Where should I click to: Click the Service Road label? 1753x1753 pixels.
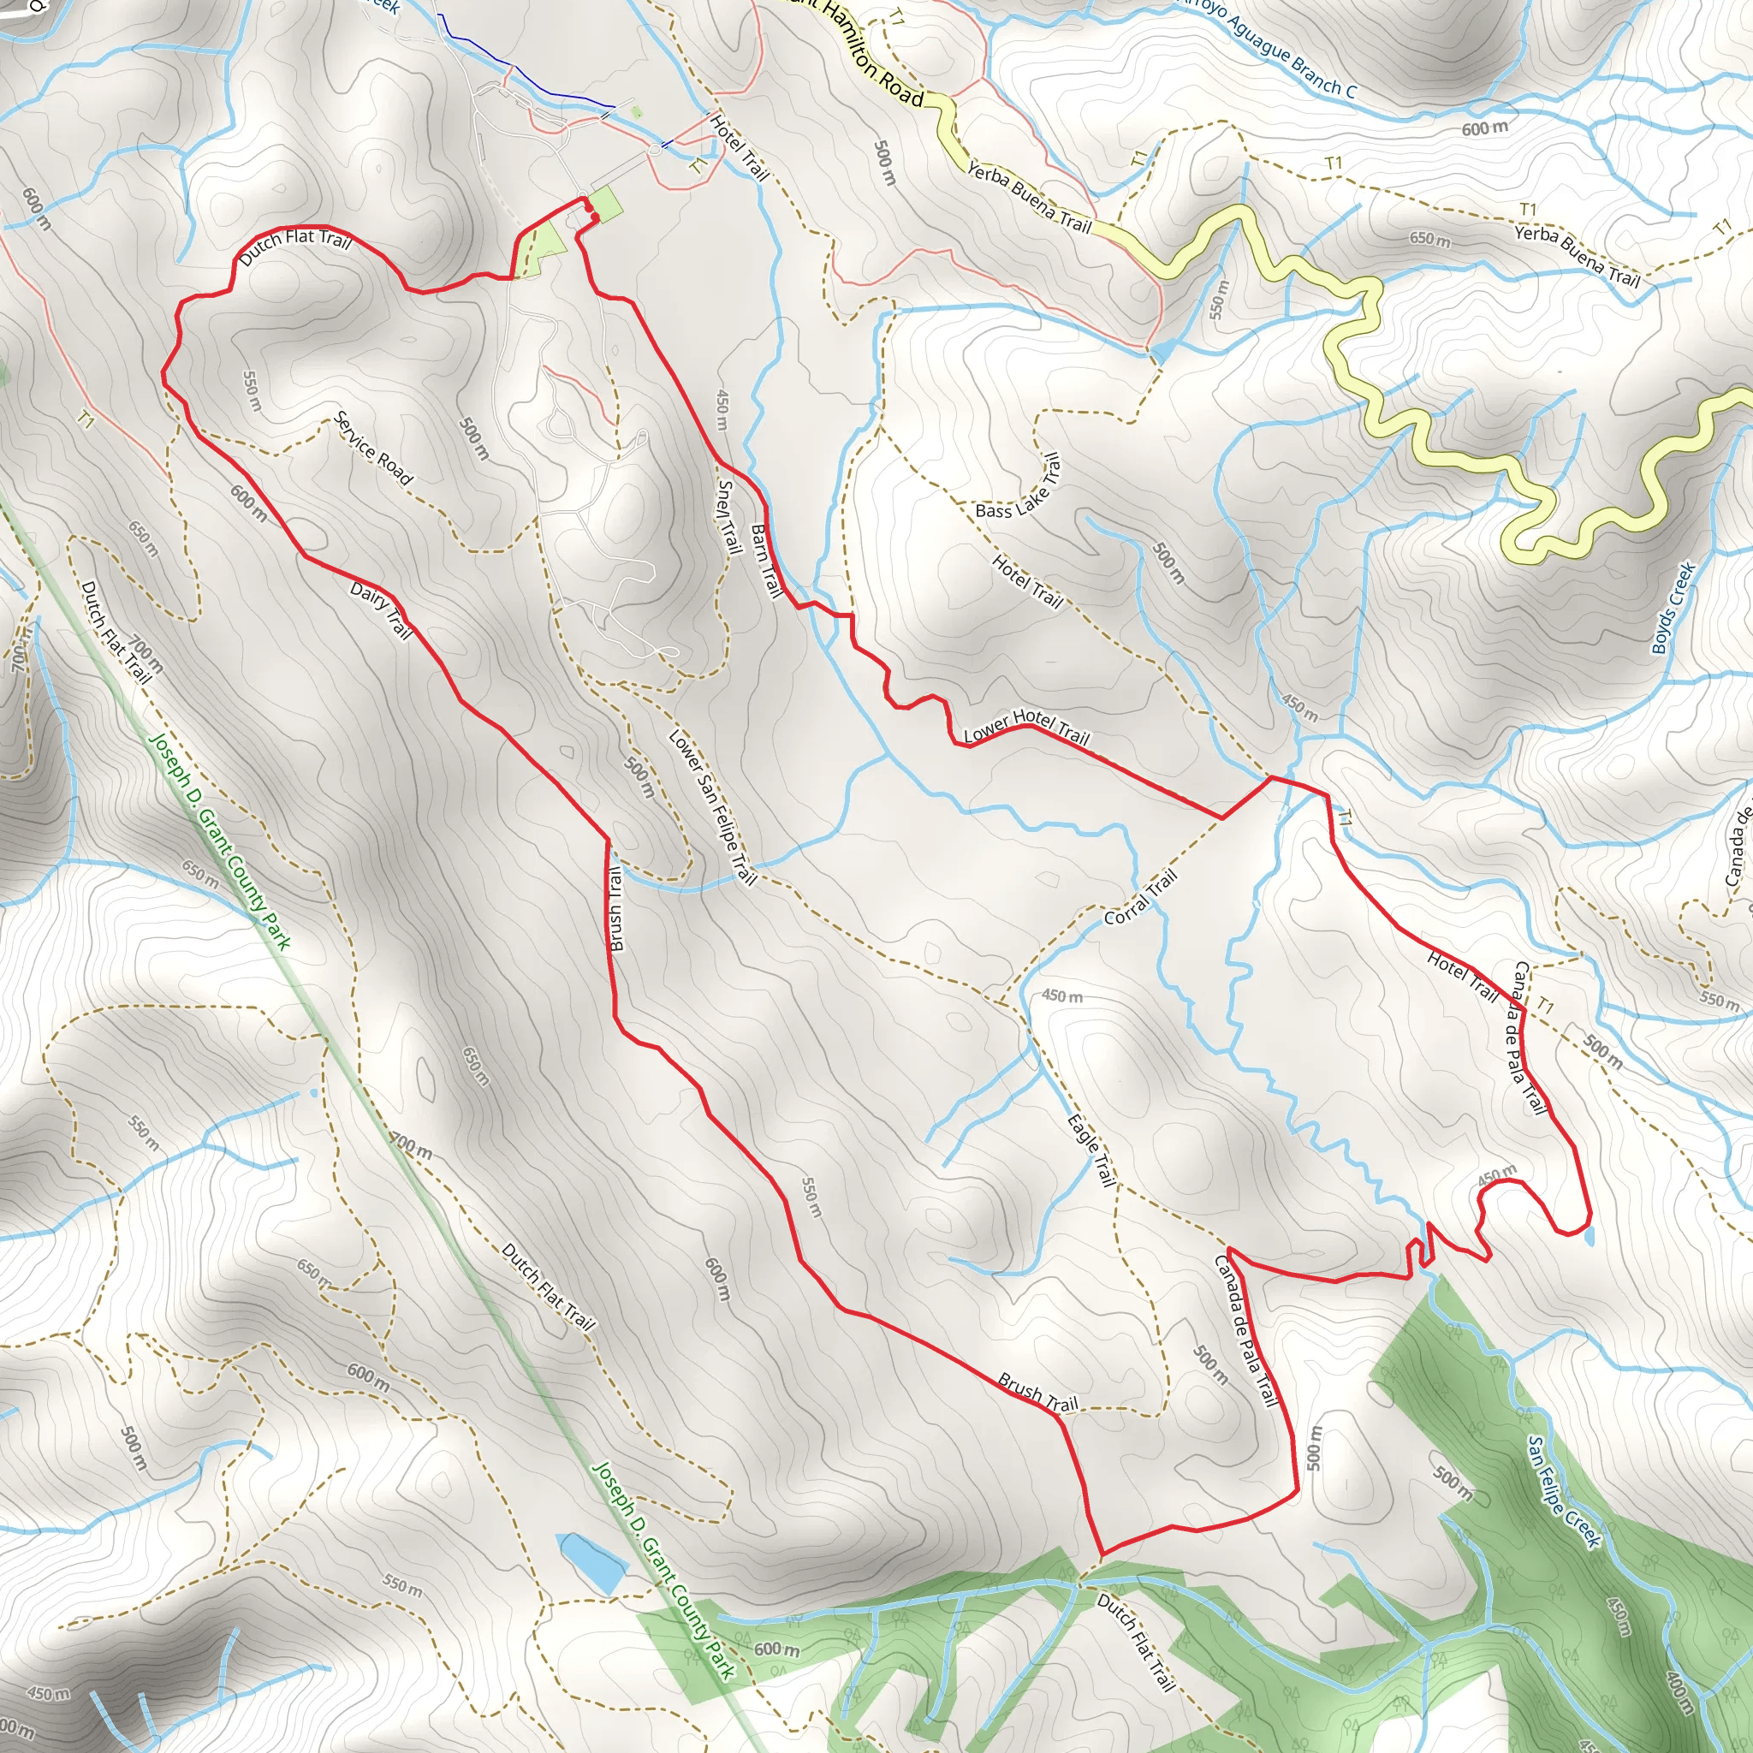click(x=374, y=449)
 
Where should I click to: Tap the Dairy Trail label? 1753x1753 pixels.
click(x=381, y=610)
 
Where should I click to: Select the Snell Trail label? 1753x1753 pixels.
click(x=728, y=516)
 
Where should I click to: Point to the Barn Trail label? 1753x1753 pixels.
click(x=767, y=562)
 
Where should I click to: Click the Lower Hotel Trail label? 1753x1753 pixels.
click(x=1026, y=726)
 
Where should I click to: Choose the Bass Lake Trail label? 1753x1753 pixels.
click(x=1018, y=486)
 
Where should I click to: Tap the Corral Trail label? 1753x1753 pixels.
click(x=1140, y=897)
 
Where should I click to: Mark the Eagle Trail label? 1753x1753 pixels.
click(x=1091, y=1150)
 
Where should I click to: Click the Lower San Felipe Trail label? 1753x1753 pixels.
click(x=712, y=806)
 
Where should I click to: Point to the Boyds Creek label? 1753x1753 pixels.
click(x=1673, y=608)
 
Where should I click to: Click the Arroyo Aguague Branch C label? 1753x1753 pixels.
click(x=1267, y=45)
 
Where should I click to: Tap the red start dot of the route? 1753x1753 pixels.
click(x=587, y=208)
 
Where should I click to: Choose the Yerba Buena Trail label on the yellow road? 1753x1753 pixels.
click(x=1029, y=196)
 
